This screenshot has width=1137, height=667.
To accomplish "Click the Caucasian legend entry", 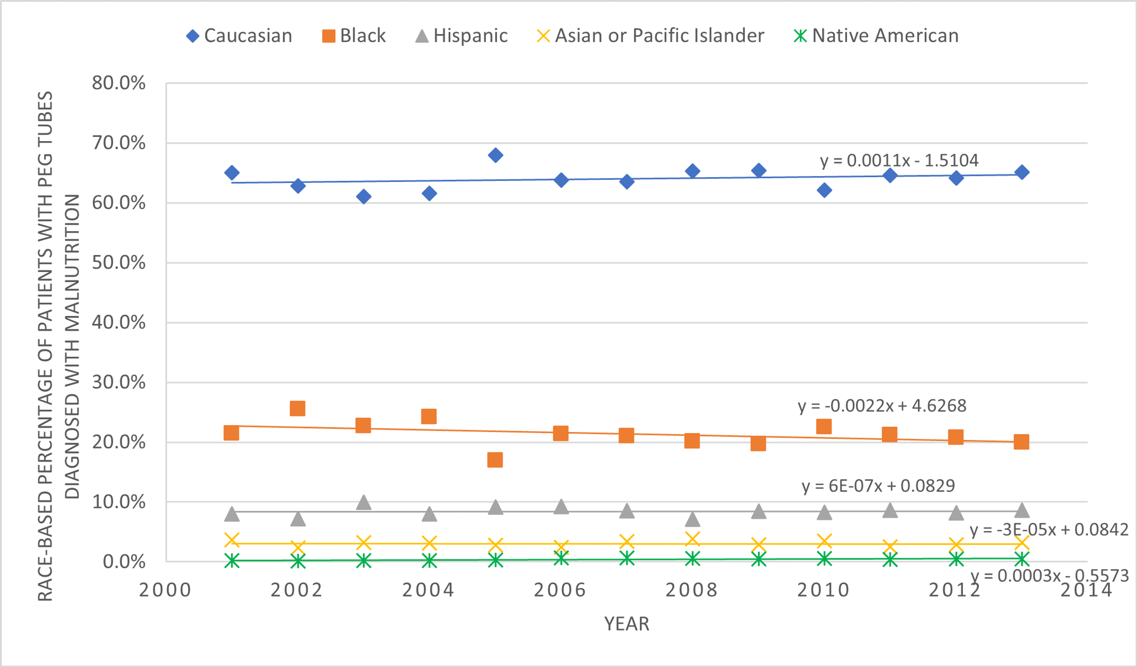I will coord(239,36).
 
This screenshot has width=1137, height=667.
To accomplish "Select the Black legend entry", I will coord(354,36).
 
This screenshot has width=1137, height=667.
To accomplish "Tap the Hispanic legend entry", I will coord(462,36).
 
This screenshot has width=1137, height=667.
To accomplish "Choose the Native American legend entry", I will coord(876,36).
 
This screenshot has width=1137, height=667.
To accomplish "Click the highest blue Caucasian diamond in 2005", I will coord(495,155).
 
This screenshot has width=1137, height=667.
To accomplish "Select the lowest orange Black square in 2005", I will coord(495,460).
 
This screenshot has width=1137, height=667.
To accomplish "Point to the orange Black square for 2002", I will coord(298,408).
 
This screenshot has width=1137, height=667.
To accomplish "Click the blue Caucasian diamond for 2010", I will coord(824,190).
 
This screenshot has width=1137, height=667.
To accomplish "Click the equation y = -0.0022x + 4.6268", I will coord(882,406).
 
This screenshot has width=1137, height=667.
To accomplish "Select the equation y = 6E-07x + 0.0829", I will coord(878,486).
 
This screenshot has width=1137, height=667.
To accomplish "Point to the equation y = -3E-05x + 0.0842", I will coord(1049,529).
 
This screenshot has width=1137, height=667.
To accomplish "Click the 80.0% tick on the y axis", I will coord(119,83).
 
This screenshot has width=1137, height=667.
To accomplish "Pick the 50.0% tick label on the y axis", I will coord(119,263).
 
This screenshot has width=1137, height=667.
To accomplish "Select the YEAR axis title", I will coord(627,624).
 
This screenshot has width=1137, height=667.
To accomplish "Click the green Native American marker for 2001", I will coord(232,561).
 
